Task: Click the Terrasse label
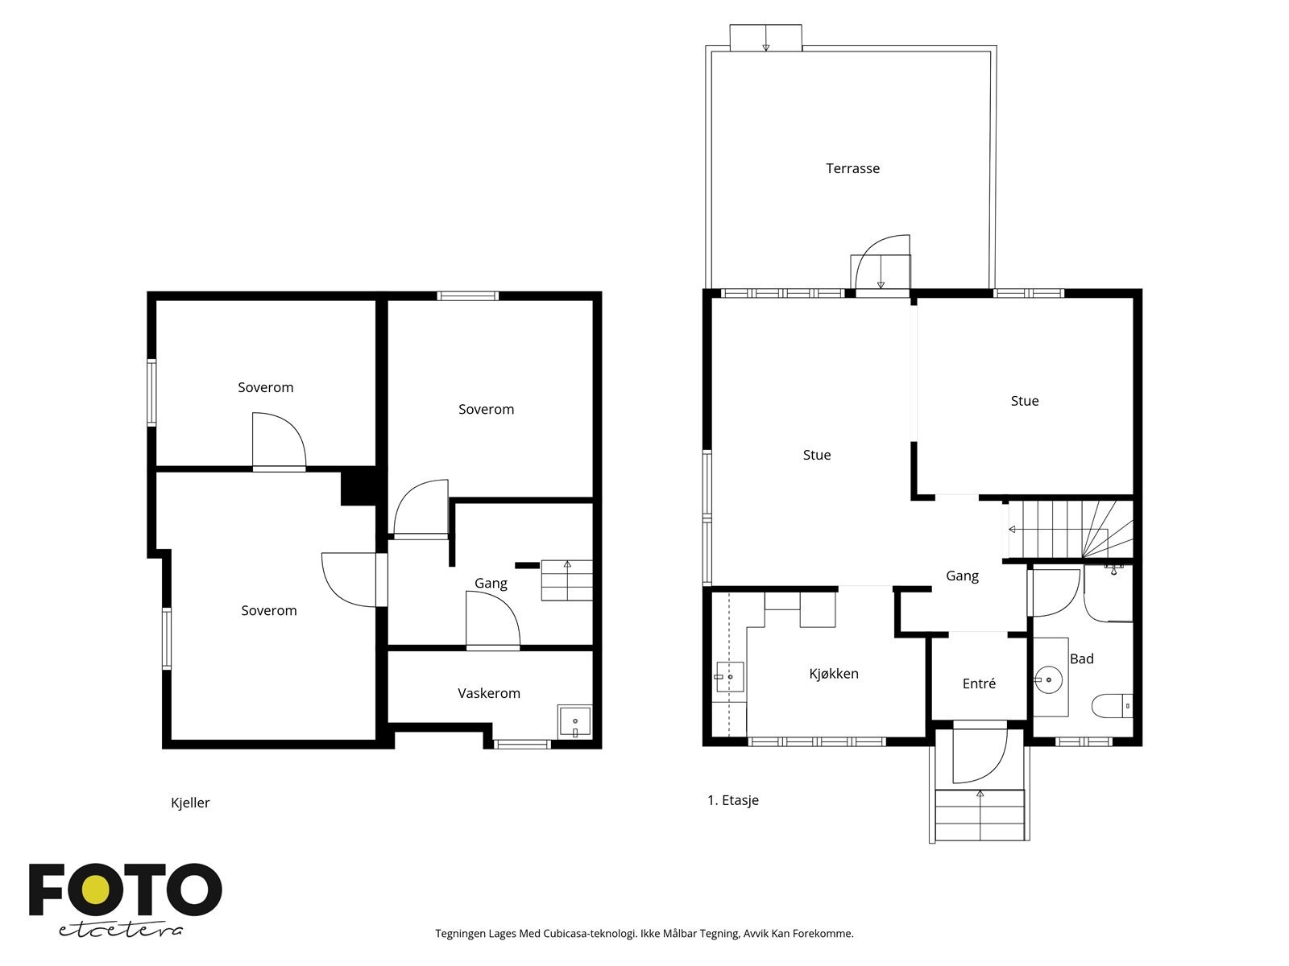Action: pos(852,169)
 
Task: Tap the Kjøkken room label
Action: pos(833,674)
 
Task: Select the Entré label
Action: pos(979,683)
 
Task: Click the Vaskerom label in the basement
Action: pos(488,693)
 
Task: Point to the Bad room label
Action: pos(1082,658)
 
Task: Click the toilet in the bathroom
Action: pos(1112,706)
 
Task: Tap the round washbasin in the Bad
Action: pos(1048,679)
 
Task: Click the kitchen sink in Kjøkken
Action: pos(729,677)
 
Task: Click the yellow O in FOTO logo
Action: pos(96,890)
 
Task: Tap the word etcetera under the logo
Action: pos(120,931)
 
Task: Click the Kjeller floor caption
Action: pos(189,803)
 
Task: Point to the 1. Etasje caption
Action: pos(733,800)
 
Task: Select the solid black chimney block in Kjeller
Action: pos(359,486)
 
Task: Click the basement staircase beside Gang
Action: pos(566,580)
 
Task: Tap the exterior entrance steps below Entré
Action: pos(980,815)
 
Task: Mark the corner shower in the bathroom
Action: pos(1108,592)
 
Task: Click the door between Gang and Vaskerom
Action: pos(493,619)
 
